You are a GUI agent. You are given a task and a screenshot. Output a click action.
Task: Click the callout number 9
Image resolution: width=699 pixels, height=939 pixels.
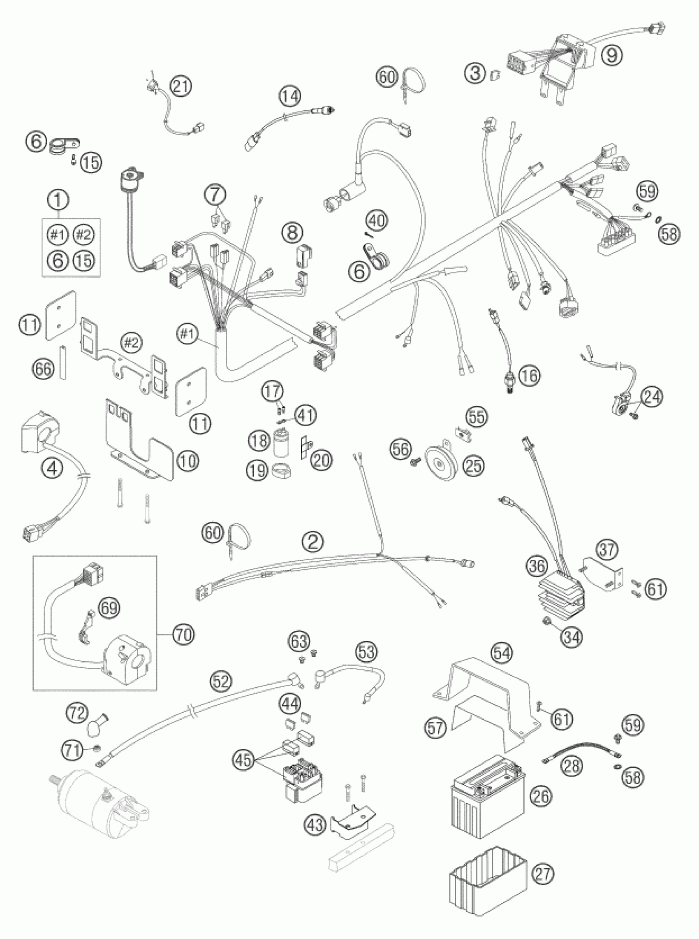(x=611, y=56)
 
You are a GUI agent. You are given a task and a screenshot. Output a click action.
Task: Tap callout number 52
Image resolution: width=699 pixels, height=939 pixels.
(x=222, y=681)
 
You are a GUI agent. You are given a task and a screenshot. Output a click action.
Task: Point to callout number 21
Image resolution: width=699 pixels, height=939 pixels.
(x=181, y=87)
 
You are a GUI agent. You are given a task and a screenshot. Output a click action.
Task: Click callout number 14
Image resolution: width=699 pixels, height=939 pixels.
(x=291, y=96)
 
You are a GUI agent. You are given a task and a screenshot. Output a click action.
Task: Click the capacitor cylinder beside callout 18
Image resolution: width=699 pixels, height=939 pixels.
(x=279, y=442)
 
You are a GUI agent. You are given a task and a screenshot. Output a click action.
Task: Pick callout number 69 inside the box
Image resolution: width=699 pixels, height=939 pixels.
(x=109, y=608)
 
